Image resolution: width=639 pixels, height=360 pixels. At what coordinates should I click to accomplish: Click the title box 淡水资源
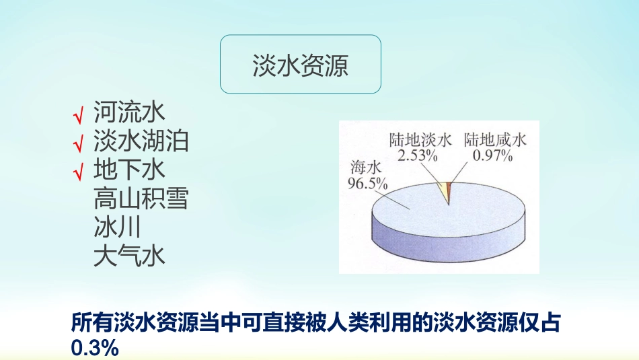point(301,65)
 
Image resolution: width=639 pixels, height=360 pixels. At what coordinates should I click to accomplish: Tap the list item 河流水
point(128,112)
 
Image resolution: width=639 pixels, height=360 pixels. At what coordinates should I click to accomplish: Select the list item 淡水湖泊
point(141,141)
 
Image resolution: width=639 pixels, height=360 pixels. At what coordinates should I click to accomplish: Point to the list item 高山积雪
point(141,199)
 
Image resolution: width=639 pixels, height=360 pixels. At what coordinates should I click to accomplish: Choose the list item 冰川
point(117,227)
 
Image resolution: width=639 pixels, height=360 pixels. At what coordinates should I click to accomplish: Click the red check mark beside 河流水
point(79,116)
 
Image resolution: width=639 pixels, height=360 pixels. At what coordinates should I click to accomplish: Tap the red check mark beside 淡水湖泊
point(79,144)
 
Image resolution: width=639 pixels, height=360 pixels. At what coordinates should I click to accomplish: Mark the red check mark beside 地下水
point(79,172)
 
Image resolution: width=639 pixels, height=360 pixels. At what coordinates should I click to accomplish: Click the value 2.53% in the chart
point(418,155)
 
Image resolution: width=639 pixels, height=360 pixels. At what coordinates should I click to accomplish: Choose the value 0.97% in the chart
point(493,155)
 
